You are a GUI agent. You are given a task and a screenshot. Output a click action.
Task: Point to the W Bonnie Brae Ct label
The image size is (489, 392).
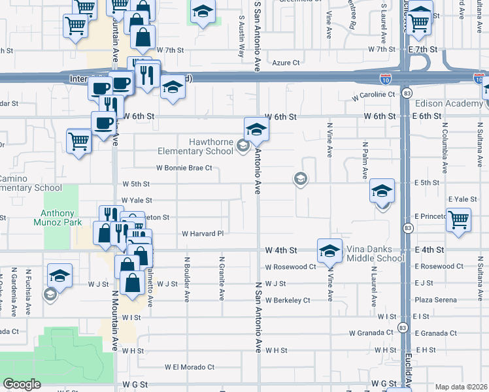coord(184,168)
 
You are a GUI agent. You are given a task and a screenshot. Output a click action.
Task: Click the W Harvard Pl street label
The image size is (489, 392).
coord(202,233)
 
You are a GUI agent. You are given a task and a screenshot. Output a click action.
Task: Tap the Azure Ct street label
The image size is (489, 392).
coord(286,63)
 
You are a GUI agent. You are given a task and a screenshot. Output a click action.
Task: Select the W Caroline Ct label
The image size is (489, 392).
coord(373,95)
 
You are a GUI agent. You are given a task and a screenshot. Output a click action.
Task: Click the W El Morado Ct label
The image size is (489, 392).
coord(190,367)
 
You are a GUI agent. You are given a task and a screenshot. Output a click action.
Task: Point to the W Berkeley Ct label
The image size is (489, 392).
coord(287,300)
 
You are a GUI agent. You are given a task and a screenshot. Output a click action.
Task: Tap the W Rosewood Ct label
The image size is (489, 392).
coord(290,267)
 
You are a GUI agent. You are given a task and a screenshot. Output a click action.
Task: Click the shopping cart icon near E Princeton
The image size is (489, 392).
coord(459,220)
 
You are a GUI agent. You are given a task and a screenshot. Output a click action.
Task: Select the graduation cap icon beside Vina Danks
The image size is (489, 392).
coord(329,250)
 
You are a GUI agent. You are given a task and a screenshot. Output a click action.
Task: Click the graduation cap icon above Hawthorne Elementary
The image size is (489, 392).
coord(256,128)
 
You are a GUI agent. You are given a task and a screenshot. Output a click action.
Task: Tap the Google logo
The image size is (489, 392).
coord(22,384)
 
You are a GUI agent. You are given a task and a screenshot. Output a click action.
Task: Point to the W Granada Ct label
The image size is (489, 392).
coord(371,333)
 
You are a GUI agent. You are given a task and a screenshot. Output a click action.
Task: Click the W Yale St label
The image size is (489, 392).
coord(136,201)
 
